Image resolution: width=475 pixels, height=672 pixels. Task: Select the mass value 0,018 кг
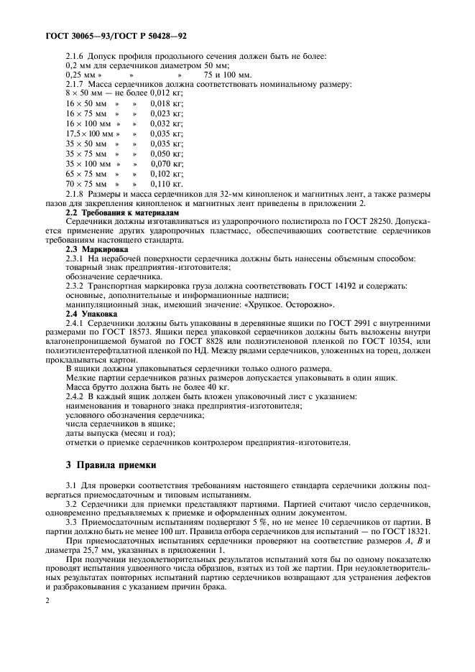coord(166,103)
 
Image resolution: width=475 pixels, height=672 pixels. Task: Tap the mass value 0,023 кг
coord(166,113)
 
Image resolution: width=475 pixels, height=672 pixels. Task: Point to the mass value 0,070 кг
coord(166,164)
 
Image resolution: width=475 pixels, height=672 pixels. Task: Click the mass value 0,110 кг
coord(166,184)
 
